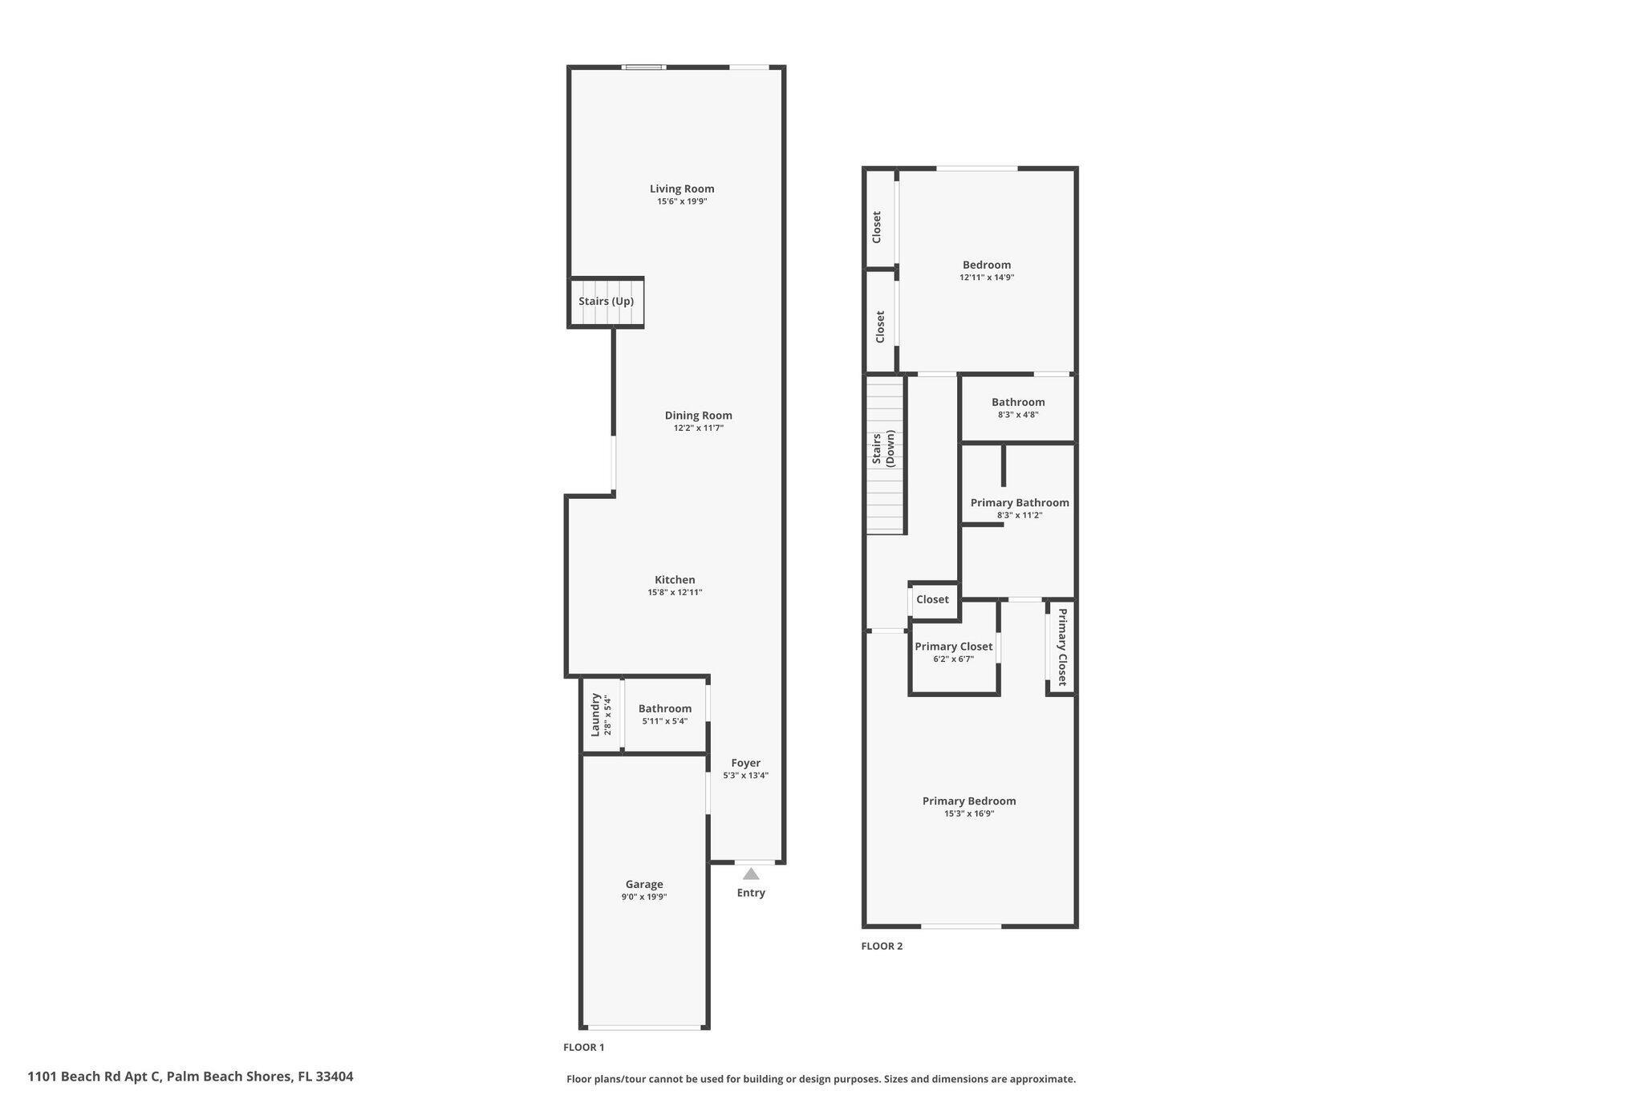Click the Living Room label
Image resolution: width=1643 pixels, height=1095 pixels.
[x=682, y=189]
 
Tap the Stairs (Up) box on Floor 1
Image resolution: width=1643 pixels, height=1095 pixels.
[x=606, y=302]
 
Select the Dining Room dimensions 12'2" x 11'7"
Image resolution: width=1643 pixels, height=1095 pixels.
[x=698, y=428]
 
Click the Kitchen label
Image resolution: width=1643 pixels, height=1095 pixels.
[x=675, y=580]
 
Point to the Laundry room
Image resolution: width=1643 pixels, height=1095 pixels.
[x=601, y=715]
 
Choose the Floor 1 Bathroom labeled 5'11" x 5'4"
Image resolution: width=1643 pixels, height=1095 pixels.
[x=664, y=714]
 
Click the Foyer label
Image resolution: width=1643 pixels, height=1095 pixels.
[x=745, y=764]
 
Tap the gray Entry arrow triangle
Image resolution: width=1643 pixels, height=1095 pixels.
[x=751, y=874]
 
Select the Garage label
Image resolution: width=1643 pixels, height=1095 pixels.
[x=644, y=884]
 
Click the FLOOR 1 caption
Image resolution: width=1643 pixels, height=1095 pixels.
[x=583, y=1047]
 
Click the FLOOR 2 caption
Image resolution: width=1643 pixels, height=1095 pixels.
[x=882, y=946]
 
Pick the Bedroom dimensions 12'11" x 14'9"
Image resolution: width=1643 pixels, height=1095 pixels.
[x=987, y=278]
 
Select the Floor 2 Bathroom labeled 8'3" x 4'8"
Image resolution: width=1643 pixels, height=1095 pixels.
[x=1018, y=408]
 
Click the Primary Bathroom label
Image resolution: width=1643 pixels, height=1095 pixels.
[x=1019, y=503]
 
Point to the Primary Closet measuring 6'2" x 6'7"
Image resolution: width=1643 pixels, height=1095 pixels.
[x=953, y=652]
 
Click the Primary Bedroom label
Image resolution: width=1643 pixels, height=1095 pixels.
[x=969, y=801]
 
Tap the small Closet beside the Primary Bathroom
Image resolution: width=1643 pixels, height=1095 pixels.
[x=933, y=600]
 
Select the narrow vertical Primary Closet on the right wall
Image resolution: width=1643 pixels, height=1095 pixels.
[x=1061, y=647]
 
